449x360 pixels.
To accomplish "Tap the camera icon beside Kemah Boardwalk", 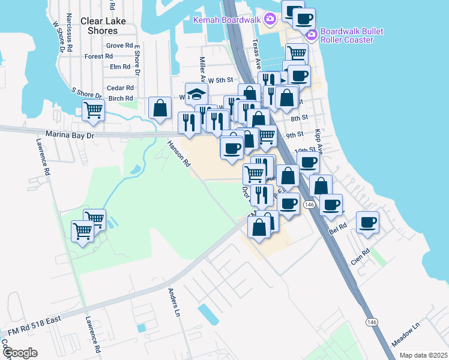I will coord(270,19).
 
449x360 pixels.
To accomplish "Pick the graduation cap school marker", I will coord(196,94).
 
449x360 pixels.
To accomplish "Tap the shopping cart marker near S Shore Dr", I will coord(93,110).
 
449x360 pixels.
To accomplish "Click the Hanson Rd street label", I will coord(179,154).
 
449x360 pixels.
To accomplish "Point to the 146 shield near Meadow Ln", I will coord(371,322).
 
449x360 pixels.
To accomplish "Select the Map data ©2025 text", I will coord(423,355).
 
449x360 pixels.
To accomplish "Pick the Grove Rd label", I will coord(119,46).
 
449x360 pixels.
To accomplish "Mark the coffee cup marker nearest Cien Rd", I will coord(367,223).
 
